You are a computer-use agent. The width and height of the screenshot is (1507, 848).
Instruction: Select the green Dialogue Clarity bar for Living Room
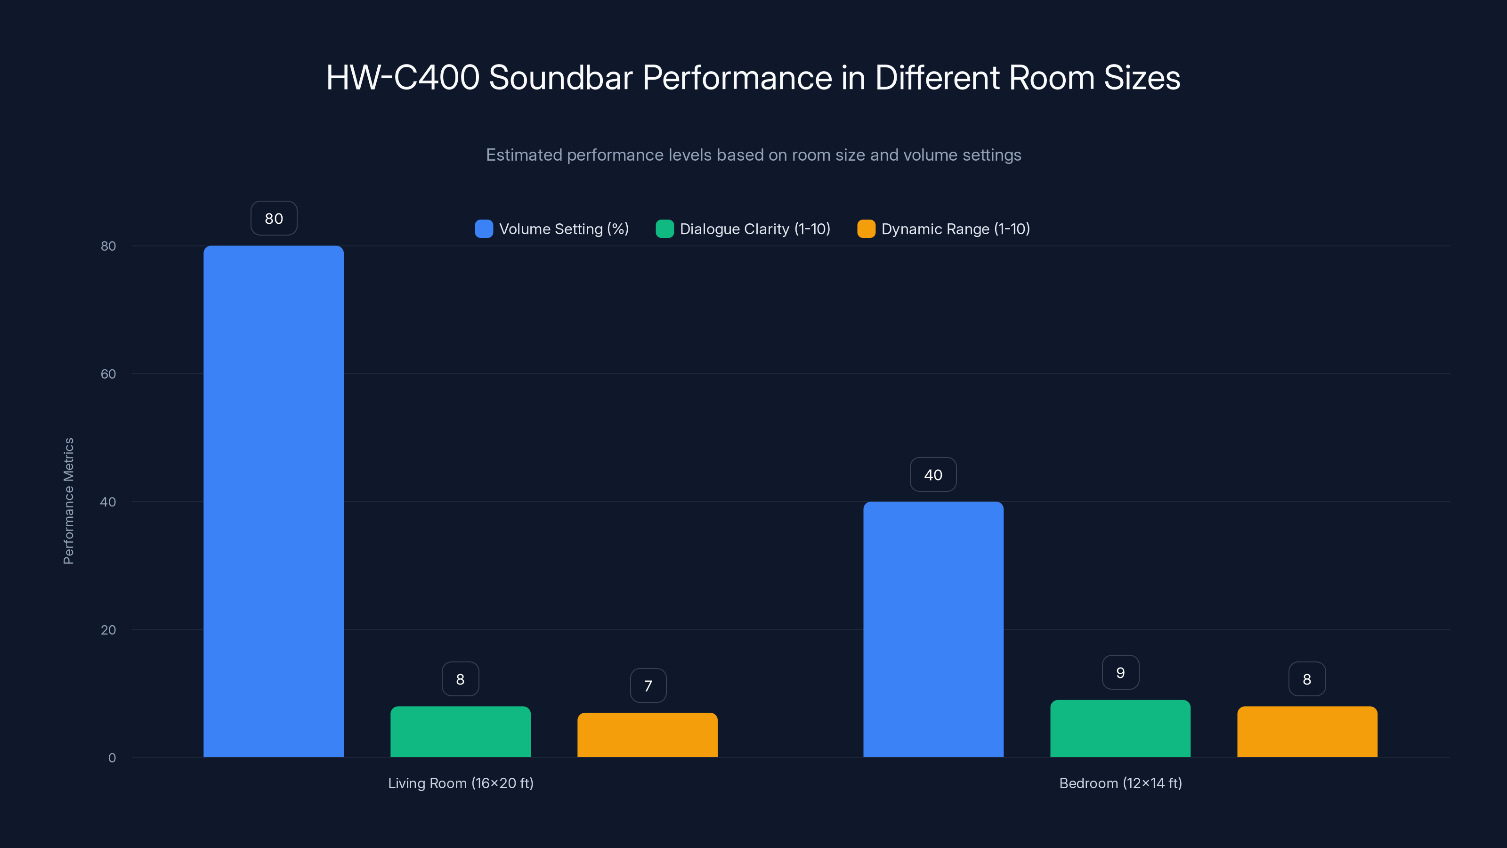tap(461, 732)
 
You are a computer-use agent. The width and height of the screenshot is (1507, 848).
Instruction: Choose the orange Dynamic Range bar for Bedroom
tap(1307, 732)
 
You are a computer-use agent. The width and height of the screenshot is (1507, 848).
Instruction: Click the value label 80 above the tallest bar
tap(274, 218)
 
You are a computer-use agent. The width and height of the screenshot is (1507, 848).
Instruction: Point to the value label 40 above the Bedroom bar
tap(933, 474)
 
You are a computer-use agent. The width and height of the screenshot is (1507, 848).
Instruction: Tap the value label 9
tap(1120, 672)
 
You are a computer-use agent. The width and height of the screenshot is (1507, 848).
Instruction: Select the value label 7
tap(648, 685)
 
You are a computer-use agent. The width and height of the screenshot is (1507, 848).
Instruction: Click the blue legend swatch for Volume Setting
tap(484, 229)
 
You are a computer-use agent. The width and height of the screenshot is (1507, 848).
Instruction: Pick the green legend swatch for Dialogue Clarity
tap(664, 229)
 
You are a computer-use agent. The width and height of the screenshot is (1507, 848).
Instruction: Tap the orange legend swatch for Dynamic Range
tap(866, 229)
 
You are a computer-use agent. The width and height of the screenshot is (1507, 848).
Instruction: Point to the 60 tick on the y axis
tap(108, 374)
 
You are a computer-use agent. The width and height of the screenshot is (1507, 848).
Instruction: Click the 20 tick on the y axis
tap(108, 630)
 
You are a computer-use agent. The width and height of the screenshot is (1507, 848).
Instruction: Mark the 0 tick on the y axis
tap(112, 758)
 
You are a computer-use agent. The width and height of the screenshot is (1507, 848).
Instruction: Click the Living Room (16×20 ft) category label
tap(461, 783)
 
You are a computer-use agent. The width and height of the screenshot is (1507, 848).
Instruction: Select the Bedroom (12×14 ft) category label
tap(1120, 783)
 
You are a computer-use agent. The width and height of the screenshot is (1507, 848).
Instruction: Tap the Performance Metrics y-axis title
tap(68, 501)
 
